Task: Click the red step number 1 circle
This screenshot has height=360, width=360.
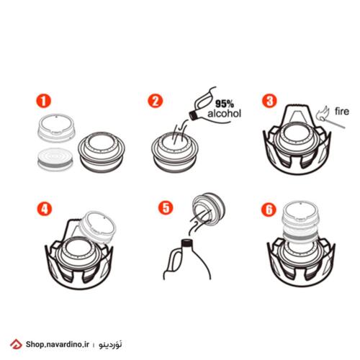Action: click(43, 101)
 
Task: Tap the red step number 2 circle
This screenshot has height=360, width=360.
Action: click(156, 101)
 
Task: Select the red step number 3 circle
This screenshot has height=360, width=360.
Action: click(269, 101)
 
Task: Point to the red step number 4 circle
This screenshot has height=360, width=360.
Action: click(45, 209)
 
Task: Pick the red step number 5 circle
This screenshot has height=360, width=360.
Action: click(166, 207)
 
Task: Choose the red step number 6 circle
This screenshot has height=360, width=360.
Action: click(269, 210)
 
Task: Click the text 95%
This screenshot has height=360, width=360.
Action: click(225, 104)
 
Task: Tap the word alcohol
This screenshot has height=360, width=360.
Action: click(224, 113)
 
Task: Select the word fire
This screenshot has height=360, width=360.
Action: click(342, 112)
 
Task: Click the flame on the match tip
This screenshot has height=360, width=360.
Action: click(322, 112)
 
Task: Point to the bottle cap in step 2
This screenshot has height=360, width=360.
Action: click(194, 115)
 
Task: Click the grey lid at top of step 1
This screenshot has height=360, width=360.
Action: click(56, 127)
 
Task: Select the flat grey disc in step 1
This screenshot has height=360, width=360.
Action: click(55, 159)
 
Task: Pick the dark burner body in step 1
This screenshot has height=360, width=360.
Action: click(102, 152)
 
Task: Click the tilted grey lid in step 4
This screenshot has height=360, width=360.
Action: click(98, 228)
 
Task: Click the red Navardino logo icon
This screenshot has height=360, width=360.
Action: click(16, 345)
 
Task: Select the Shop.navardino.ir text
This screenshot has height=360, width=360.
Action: click(58, 345)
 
